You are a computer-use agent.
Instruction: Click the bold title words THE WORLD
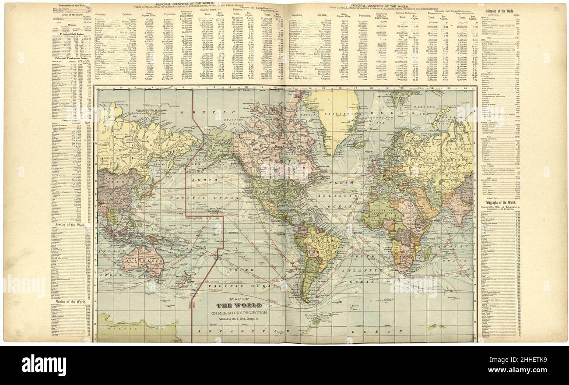tap(239, 305)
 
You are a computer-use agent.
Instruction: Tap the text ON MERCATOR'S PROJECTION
tap(239, 313)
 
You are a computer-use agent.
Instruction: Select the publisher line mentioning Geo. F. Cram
tap(239, 319)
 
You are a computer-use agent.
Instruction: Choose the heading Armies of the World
tap(70, 225)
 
